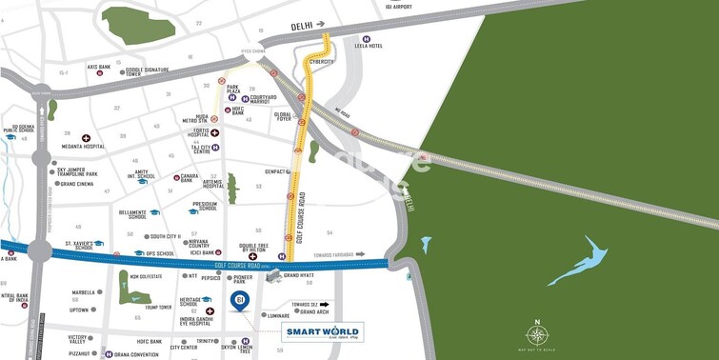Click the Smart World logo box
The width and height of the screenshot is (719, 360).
point(323,332)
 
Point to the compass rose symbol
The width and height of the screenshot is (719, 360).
point(538,334)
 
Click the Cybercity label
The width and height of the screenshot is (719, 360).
point(322,62)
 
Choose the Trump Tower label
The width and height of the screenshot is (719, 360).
point(158,308)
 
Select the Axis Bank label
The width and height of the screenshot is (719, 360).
point(99,68)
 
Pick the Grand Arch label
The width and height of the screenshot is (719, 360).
point(314,312)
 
